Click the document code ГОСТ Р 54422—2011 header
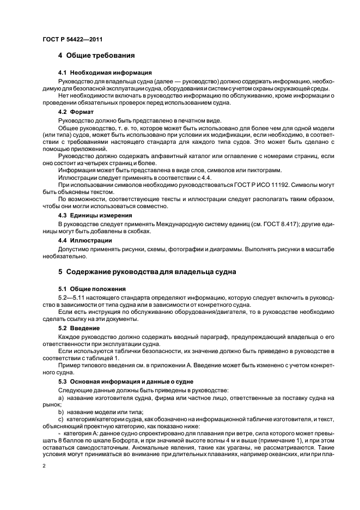(x=72, y=39)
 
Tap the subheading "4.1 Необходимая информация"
(x=105, y=72)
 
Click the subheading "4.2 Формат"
(x=77, y=112)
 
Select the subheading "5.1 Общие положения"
(x=91, y=288)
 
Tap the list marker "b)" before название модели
(x=61, y=414)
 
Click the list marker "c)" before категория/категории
(x=61, y=421)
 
